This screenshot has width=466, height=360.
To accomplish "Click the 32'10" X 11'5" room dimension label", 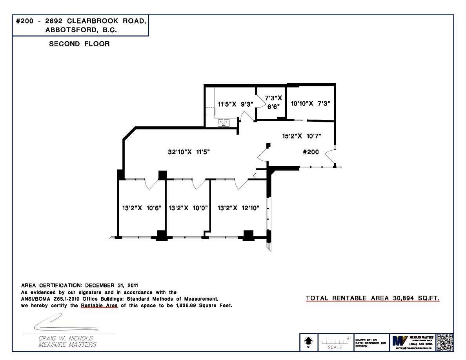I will coord(187,152).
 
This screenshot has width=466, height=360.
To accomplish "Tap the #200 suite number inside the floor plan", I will coord(311,152).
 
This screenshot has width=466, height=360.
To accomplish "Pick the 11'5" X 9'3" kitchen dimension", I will coord(235,104).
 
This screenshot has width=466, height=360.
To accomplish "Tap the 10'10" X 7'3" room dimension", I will coord(310,104).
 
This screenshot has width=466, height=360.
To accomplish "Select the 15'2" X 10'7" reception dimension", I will coord(302,136).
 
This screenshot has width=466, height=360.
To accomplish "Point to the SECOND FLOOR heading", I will coord(79,44).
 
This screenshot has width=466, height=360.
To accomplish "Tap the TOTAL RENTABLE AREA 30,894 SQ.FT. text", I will coord(373,298).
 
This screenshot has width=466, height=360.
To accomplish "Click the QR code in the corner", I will coord(444,342).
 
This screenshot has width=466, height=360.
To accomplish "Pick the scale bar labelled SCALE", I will coord(335,342).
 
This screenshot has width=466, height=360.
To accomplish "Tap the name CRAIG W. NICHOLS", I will coord(66,338).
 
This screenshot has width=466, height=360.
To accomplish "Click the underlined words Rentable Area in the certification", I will coord(99,305).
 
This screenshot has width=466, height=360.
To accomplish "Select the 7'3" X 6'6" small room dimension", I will coord(273,102).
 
